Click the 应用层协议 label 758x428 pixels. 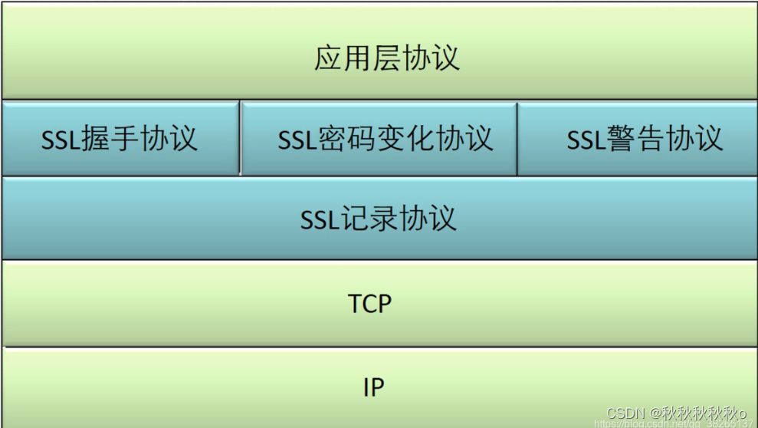(386, 58)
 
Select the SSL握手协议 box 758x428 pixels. (120, 139)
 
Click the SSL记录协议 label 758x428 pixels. (379, 219)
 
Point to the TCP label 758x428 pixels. (370, 304)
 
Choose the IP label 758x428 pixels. (372, 388)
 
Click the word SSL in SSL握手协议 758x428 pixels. (60, 140)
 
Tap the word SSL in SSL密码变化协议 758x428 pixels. (297, 140)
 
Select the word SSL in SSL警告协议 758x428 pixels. (586, 140)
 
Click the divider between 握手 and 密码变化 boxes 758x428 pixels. (240, 138)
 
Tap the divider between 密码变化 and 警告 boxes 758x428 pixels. (517, 138)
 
